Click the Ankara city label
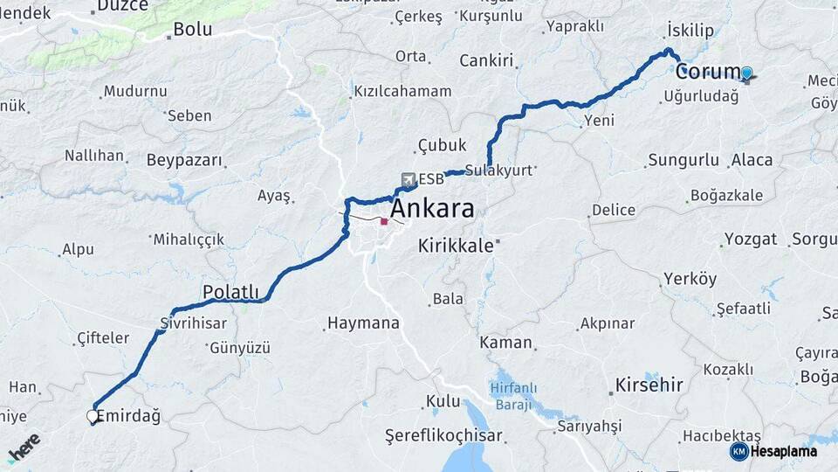[432, 209]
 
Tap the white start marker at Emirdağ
[93, 416]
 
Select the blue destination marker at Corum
[746, 73]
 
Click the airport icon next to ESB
[409, 179]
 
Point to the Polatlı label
[230, 291]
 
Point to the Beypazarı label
[184, 161]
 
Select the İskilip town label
[690, 31]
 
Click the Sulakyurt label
[498, 170]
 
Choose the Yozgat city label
[751, 239]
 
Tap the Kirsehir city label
[647, 385]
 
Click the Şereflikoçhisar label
[443, 434]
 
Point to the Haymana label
[362, 323]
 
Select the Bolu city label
[192, 29]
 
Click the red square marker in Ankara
[384, 222]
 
